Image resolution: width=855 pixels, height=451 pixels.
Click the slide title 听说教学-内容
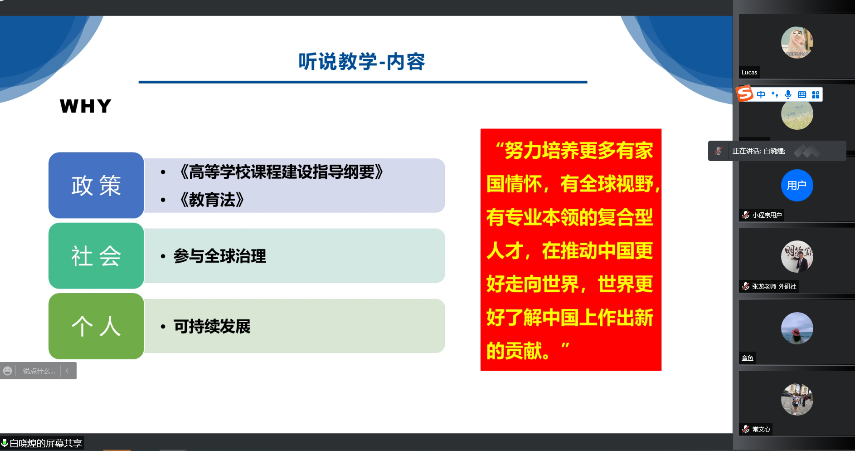[362, 62]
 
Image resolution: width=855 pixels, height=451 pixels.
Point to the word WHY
[86, 106]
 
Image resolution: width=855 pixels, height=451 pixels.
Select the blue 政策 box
[96, 185]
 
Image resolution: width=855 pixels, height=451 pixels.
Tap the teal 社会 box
[96, 255]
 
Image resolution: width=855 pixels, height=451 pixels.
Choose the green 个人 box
[96, 326]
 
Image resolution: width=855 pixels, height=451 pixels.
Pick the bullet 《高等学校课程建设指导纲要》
[282, 172]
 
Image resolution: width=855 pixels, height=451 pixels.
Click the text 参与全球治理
[220, 256]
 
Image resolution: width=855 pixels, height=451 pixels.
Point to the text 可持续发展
[212, 326]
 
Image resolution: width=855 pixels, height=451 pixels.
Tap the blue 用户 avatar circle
[797, 185]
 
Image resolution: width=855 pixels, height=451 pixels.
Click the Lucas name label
[749, 72]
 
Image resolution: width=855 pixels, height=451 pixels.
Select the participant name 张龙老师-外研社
[774, 286]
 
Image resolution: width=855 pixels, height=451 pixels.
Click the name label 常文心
[761, 429]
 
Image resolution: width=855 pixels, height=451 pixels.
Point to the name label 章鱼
[748, 358]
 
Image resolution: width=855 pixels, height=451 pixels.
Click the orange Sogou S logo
[745, 94]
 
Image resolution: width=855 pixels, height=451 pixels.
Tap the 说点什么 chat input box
[39, 371]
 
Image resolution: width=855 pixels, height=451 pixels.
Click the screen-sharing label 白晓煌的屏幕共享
[46, 443]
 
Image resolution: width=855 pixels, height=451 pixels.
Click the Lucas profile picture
[797, 43]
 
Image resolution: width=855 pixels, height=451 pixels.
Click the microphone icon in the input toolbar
[788, 94]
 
